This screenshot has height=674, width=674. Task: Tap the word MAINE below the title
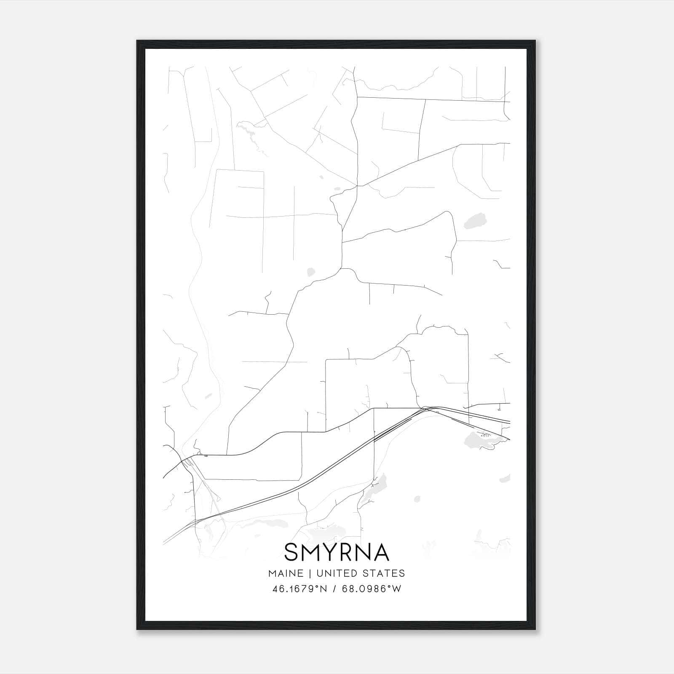coord(285,573)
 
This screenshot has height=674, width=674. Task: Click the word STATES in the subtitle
coord(385,573)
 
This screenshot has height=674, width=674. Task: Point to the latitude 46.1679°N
coord(300,588)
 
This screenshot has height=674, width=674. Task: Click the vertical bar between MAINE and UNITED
coord(309,573)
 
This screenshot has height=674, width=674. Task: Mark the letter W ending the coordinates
coord(396,588)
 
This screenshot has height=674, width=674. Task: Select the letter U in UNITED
coord(319,573)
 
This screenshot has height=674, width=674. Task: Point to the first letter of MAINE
coord(272,573)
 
